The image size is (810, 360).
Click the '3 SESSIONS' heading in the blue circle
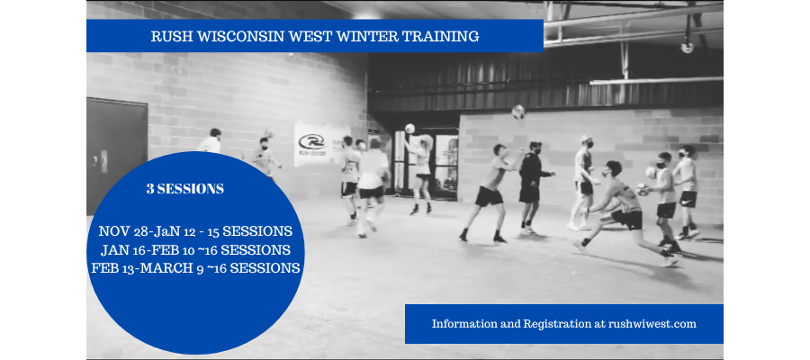point(184,190)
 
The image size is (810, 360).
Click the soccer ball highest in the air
point(518,112)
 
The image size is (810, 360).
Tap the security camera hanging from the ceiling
point(687,45)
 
